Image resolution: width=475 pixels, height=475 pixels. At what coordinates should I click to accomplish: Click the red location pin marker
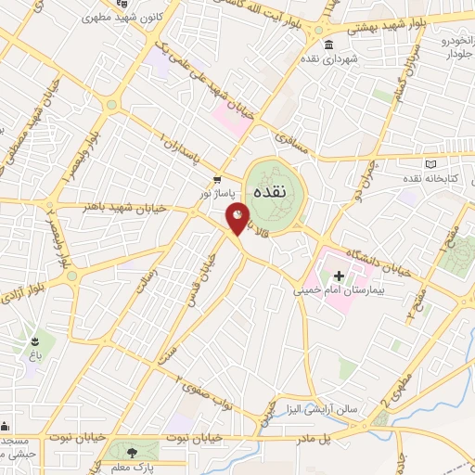click(238, 217)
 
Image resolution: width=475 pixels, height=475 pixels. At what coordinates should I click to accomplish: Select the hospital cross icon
click(339, 276)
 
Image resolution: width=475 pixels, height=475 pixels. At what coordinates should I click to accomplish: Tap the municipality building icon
click(327, 45)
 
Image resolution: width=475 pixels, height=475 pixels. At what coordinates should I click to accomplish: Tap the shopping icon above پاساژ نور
click(217, 180)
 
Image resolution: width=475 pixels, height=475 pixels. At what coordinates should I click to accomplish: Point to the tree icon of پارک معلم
click(131, 452)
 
